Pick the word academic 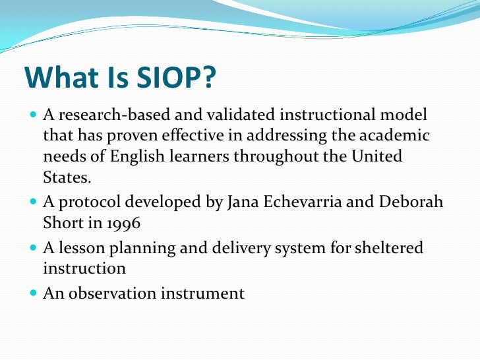click(x=395, y=136)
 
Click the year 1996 click(x=122, y=223)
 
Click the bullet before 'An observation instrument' click(x=34, y=293)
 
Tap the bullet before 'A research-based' click(x=34, y=115)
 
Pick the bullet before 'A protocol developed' click(x=34, y=202)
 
